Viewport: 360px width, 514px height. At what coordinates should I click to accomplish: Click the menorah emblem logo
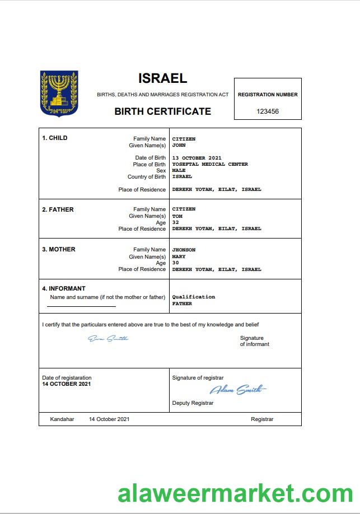pyautogui.click(x=59, y=94)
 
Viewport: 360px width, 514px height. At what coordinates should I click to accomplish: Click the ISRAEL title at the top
pyautogui.click(x=162, y=78)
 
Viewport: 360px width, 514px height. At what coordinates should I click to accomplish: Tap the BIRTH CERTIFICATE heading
pyautogui.click(x=162, y=111)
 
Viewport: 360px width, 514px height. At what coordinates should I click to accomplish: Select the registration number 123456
pyautogui.click(x=268, y=111)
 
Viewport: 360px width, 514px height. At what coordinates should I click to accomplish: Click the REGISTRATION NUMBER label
pyautogui.click(x=268, y=95)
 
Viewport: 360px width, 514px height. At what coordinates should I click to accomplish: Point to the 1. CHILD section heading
pyautogui.click(x=55, y=138)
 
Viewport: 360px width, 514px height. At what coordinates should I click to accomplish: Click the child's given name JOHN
pyautogui.click(x=179, y=146)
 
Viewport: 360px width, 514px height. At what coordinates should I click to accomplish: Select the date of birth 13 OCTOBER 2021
pyautogui.click(x=197, y=158)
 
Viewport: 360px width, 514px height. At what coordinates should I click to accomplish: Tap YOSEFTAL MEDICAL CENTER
pyautogui.click(x=210, y=165)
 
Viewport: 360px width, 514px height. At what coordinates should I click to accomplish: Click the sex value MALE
pyautogui.click(x=179, y=171)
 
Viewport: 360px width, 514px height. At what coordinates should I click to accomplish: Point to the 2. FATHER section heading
pyautogui.click(x=58, y=209)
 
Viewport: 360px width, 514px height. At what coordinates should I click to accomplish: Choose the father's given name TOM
pyautogui.click(x=177, y=216)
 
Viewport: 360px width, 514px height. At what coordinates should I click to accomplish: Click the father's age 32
pyautogui.click(x=175, y=222)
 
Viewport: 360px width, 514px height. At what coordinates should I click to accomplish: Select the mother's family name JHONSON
pyautogui.click(x=184, y=250)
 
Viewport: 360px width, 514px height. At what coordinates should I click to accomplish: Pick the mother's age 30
pyautogui.click(x=175, y=263)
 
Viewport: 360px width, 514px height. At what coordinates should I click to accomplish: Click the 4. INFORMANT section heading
pyautogui.click(x=64, y=289)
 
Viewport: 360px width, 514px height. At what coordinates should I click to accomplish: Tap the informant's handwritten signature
pyautogui.click(x=108, y=338)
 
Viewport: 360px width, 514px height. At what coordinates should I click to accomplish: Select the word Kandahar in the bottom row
pyautogui.click(x=62, y=419)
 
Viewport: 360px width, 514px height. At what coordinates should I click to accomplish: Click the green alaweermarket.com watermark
pyautogui.click(x=235, y=493)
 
